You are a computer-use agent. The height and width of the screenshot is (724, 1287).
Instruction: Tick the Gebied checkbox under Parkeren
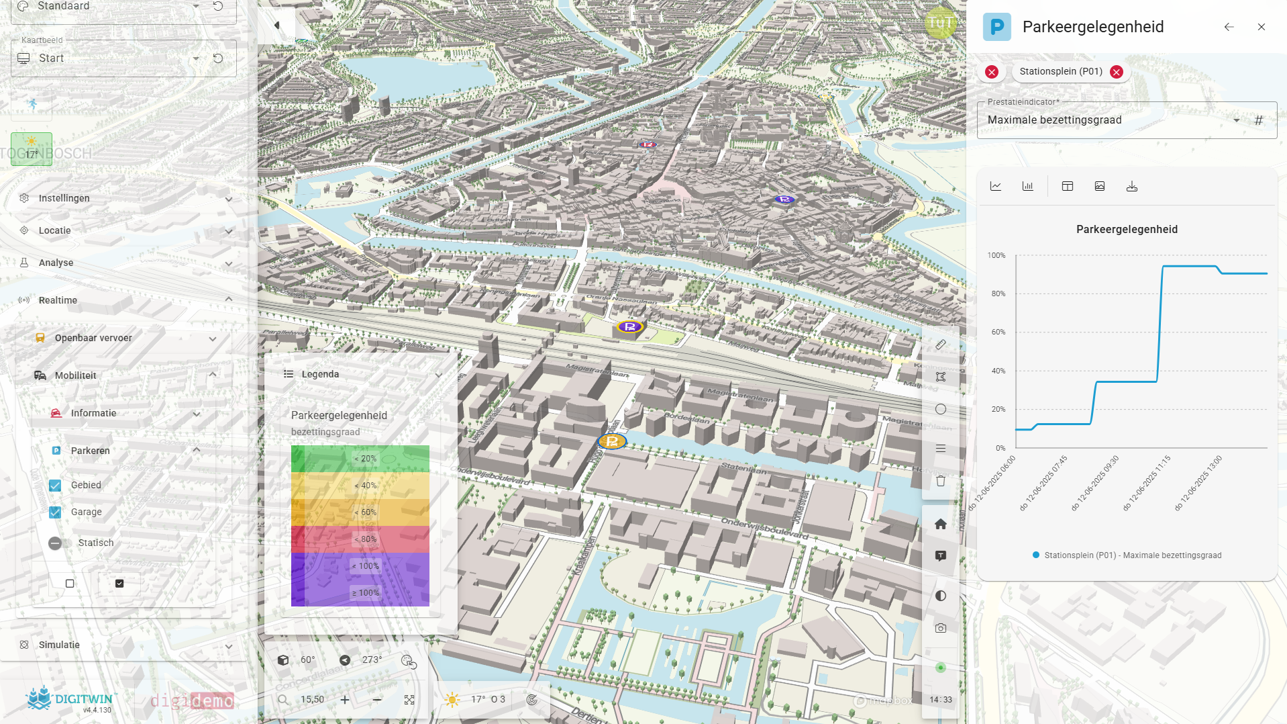(x=56, y=486)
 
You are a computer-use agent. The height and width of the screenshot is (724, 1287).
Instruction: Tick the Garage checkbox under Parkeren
(x=56, y=512)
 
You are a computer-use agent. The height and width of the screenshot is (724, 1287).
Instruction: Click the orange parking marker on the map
(x=612, y=441)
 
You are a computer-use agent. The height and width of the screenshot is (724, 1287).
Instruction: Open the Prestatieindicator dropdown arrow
(x=1236, y=120)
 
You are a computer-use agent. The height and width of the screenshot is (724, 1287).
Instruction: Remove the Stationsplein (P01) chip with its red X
(x=1117, y=72)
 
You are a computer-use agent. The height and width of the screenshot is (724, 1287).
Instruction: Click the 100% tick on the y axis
(x=996, y=256)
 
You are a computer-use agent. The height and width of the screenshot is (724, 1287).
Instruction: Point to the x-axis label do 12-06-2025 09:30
(x=1095, y=483)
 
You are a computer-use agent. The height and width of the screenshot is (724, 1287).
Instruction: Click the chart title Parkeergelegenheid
(x=1127, y=230)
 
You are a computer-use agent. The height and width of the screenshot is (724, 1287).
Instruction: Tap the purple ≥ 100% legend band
(x=360, y=593)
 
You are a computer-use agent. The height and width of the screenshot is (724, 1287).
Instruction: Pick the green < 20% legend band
(x=360, y=459)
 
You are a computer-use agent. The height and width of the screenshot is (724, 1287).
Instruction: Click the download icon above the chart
(x=1132, y=187)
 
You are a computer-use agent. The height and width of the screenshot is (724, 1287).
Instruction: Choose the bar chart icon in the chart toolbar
(x=1028, y=187)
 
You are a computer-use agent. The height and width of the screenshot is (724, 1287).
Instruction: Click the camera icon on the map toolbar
(x=941, y=628)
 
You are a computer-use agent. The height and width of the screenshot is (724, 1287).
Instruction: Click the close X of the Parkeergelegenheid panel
(x=1262, y=27)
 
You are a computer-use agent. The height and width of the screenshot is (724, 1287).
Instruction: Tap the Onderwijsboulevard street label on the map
(x=764, y=527)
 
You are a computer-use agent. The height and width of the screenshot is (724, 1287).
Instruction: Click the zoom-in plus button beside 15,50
(x=345, y=700)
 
